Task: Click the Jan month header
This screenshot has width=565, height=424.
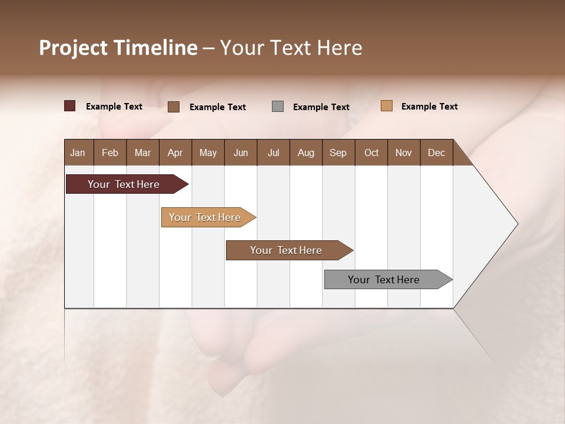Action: [78, 153]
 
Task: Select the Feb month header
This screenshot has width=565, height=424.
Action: [110, 153]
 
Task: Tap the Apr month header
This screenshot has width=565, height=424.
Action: [175, 153]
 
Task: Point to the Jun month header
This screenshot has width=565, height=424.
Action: [241, 153]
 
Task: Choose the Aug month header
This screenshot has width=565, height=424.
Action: [305, 153]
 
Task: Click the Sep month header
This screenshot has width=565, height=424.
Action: [338, 153]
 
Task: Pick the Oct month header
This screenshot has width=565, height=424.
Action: [371, 153]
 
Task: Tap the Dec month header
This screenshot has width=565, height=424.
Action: [436, 153]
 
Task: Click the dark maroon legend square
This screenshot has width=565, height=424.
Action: [69, 106]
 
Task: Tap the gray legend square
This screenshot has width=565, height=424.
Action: [278, 107]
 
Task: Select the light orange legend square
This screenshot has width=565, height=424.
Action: [386, 106]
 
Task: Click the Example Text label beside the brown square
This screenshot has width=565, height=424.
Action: [217, 107]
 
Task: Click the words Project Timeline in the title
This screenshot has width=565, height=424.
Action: [118, 48]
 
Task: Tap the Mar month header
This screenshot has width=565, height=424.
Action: [142, 153]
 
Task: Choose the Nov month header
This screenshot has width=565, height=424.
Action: [403, 153]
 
